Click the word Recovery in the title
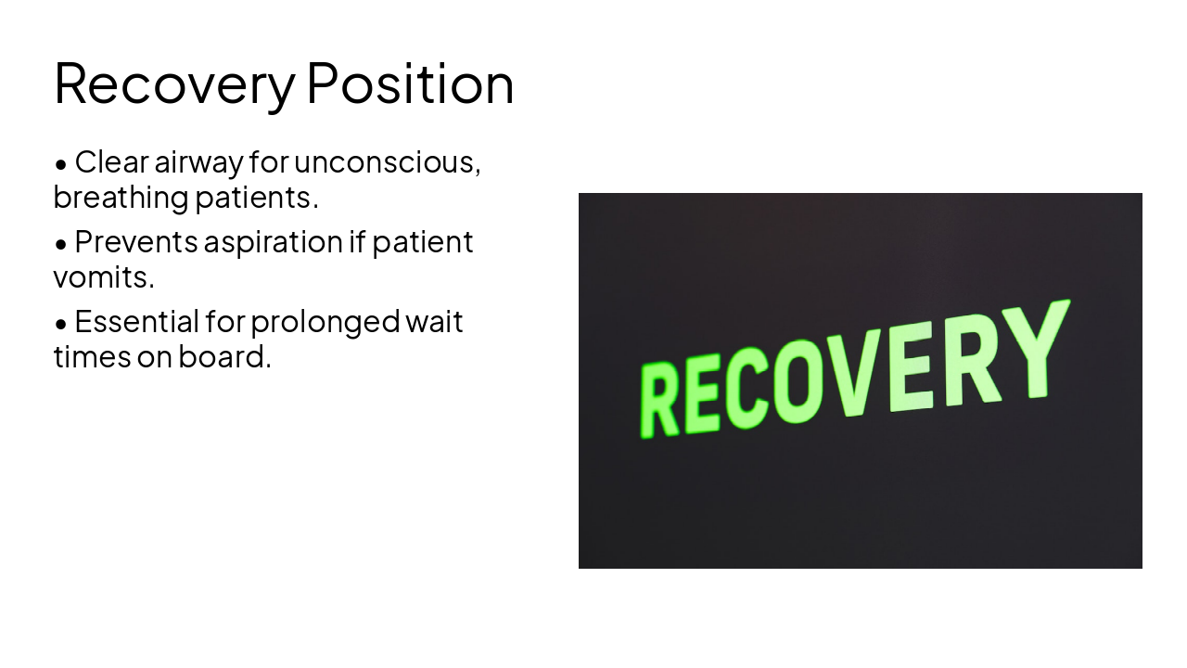(x=173, y=83)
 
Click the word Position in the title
(x=410, y=83)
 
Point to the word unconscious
(x=386, y=162)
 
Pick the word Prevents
(x=135, y=242)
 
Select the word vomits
(x=103, y=276)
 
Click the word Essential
(x=135, y=322)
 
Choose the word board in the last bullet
(x=223, y=356)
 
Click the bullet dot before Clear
(x=61, y=165)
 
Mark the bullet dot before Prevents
(x=61, y=245)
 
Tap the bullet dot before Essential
(x=61, y=325)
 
